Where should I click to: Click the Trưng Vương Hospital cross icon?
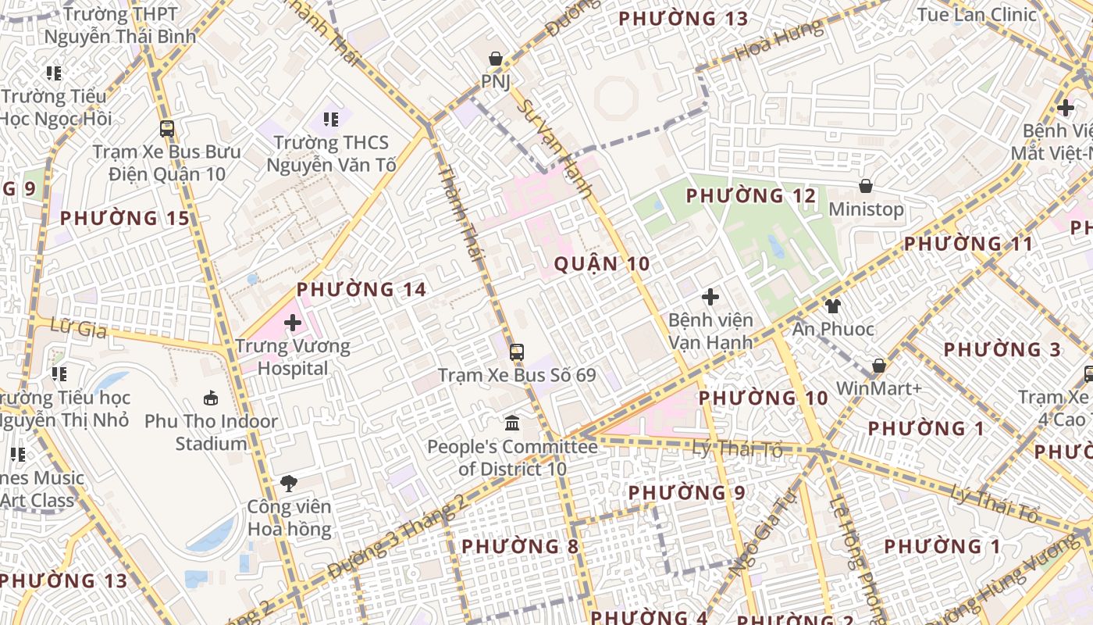293,322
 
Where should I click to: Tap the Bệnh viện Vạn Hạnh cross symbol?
710,297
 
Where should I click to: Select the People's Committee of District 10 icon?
512,423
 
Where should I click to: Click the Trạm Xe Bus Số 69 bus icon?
517,352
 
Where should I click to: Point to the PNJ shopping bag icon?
495,59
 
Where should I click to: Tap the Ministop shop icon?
865,186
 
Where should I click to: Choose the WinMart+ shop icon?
878,366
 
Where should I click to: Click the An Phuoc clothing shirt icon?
833,305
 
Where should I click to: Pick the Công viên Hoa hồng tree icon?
289,483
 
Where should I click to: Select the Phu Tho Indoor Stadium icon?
211,398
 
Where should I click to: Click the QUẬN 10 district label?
602,264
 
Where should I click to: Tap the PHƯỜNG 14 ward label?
361,290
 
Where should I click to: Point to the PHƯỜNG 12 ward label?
751,196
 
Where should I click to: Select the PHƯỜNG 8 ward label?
520,546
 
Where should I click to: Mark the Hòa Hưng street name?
779,41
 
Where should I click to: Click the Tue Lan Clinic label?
977,15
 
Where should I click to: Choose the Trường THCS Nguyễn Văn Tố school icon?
331,120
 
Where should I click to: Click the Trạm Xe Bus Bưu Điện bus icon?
166,129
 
